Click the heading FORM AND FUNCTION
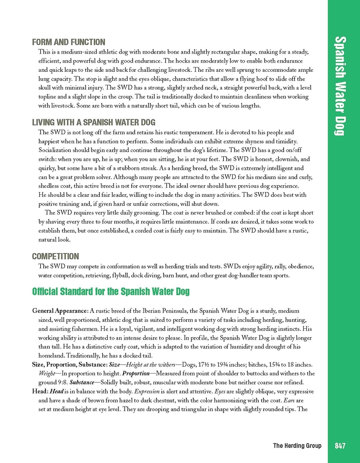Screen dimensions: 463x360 point(69,42)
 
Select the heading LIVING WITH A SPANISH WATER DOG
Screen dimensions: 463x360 point(94,123)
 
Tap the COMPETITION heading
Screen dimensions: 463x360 point(56,256)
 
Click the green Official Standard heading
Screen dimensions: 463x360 point(111,291)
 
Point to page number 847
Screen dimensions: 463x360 point(340,446)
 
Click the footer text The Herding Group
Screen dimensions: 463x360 point(297,446)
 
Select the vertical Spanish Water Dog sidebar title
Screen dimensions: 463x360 point(340,86)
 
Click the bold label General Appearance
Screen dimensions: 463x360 point(61,311)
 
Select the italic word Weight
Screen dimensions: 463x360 point(47,373)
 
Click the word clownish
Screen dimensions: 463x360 point(287,159)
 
